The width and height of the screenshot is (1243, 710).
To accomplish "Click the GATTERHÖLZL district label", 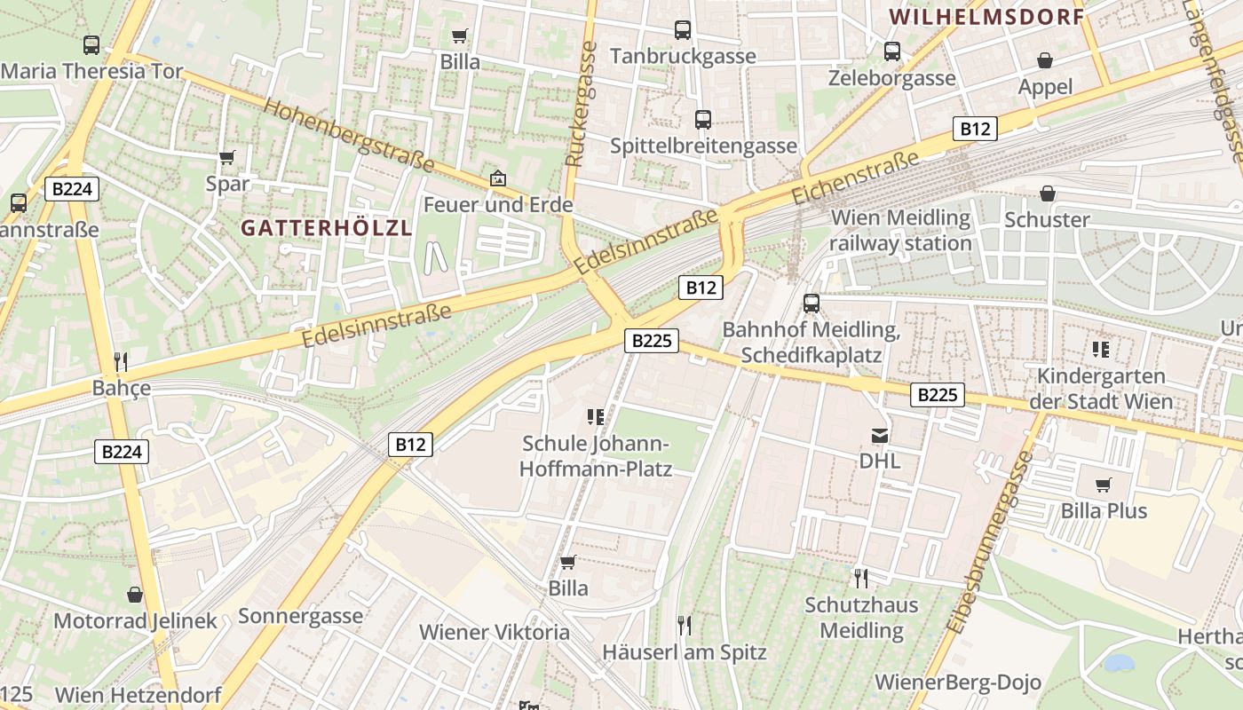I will pyautogui.click(x=327, y=228).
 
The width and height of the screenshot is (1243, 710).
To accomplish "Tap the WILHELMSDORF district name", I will pyautogui.click(x=986, y=17).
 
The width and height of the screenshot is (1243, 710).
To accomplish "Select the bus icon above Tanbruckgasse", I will pyautogui.click(x=683, y=30).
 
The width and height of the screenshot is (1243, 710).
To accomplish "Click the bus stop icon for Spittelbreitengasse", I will pyautogui.click(x=703, y=119).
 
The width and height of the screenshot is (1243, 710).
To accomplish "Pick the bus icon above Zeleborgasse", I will pyautogui.click(x=892, y=51).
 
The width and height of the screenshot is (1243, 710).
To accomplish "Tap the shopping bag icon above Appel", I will pyautogui.click(x=1046, y=60).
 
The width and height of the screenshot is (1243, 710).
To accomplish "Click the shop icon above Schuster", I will pyautogui.click(x=1048, y=193).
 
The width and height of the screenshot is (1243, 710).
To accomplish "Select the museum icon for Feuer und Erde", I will pyautogui.click(x=498, y=178).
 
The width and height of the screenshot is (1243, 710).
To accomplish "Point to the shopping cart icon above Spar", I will pyautogui.click(x=227, y=158).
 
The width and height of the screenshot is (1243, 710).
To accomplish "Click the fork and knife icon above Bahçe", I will pyautogui.click(x=122, y=362).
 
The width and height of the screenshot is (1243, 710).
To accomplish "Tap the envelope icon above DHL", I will pyautogui.click(x=880, y=435).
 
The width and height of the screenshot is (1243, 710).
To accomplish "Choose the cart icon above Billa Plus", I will pyautogui.click(x=1104, y=485).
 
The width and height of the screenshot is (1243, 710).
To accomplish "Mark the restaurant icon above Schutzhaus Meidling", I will pyautogui.click(x=860, y=579).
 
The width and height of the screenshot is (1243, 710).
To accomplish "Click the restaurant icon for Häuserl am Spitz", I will pyautogui.click(x=684, y=626).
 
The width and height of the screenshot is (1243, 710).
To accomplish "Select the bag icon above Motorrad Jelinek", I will pyautogui.click(x=135, y=594).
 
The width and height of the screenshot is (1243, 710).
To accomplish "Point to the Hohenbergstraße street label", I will pyautogui.click(x=349, y=136).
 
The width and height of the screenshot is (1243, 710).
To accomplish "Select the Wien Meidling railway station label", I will pyautogui.click(x=900, y=230).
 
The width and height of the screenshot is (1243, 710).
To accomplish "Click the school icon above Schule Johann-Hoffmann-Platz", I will pyautogui.click(x=596, y=416).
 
